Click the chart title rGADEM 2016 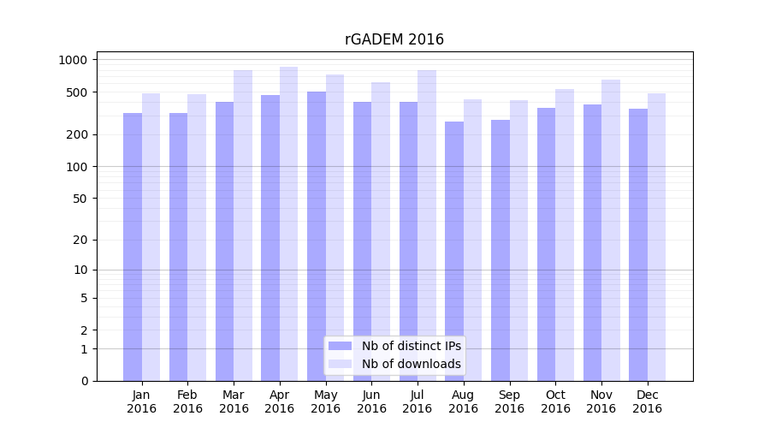coord(394,39)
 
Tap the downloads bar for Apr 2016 coord(289,223)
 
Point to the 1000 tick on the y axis coord(73,60)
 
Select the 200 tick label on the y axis coord(78,134)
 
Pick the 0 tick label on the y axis coord(84,381)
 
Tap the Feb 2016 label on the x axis coord(188,401)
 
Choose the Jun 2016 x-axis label coord(371,401)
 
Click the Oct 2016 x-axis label coord(555,401)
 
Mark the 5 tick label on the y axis coord(84,299)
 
